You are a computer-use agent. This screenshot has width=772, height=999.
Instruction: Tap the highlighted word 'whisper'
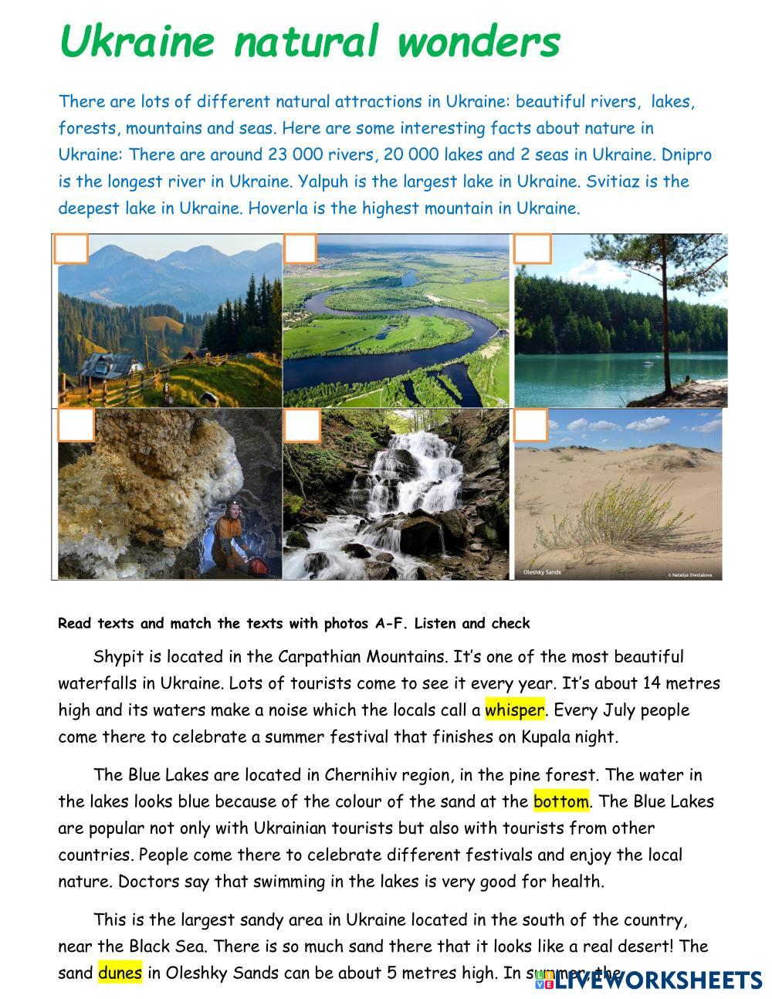coord(514,709)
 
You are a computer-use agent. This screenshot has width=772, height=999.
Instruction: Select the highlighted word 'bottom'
coord(561,801)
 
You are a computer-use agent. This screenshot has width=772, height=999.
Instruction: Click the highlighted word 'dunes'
coord(120,973)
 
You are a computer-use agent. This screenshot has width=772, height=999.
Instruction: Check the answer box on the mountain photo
coord(71,249)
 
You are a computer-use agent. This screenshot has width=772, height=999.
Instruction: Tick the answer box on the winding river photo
coord(300,249)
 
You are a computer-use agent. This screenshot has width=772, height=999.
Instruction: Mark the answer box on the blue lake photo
coord(532,249)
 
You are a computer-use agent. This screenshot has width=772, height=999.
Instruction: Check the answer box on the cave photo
coord(76,425)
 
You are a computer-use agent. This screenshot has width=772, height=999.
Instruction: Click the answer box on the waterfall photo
coord(302,425)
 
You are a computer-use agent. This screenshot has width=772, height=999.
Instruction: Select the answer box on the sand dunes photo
coord(530,425)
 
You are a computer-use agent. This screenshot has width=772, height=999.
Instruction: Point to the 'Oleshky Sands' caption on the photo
coord(542,572)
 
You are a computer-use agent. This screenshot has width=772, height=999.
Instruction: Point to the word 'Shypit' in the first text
coord(117,657)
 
